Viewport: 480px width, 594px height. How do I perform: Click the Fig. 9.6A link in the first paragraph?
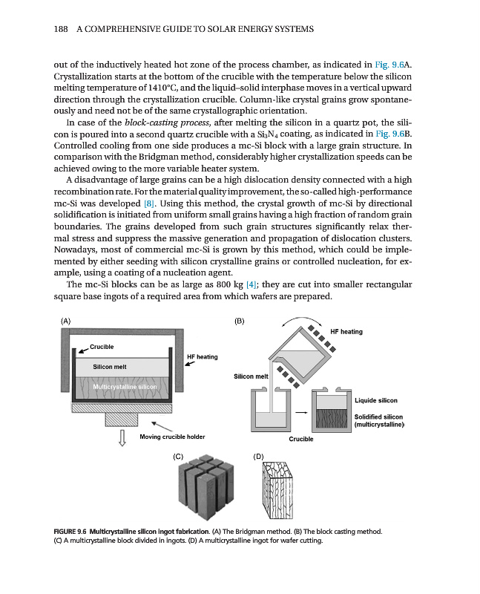[x=390, y=65]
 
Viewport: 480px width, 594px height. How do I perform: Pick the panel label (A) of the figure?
[x=66, y=322]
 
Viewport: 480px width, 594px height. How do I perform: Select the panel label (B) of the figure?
[x=239, y=322]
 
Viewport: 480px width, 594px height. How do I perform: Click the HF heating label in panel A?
[x=202, y=357]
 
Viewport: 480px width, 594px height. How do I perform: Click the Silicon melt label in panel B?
[x=251, y=376]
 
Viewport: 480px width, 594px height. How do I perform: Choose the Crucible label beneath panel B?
[x=301, y=439]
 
